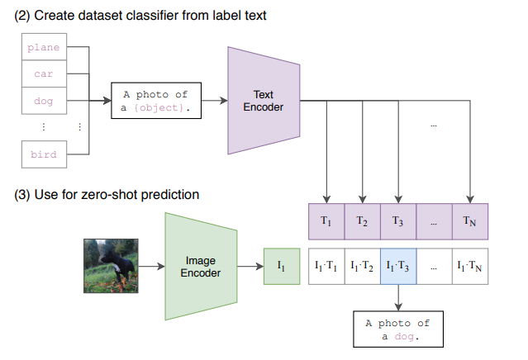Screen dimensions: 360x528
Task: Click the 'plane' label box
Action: coord(43,47)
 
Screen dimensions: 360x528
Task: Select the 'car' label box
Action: coord(43,73)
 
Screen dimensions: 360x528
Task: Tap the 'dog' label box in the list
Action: coord(43,101)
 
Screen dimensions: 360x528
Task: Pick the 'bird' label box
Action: coord(43,154)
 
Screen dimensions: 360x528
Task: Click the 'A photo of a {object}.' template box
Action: coord(155,101)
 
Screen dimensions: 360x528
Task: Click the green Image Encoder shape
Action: coord(201,266)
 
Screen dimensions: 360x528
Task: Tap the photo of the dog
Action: coord(110,266)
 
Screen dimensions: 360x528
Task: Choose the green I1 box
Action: coord(281,266)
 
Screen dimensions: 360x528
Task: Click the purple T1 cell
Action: coord(326,220)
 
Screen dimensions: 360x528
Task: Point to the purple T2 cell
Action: coord(362,220)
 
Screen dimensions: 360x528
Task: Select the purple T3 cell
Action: coord(398,220)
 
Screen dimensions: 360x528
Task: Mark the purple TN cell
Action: coord(470,220)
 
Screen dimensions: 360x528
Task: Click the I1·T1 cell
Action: coord(326,266)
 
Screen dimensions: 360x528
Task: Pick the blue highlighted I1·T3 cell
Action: coord(398,266)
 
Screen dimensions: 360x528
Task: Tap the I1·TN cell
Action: coord(470,266)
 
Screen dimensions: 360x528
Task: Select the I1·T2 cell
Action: coord(362,266)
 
